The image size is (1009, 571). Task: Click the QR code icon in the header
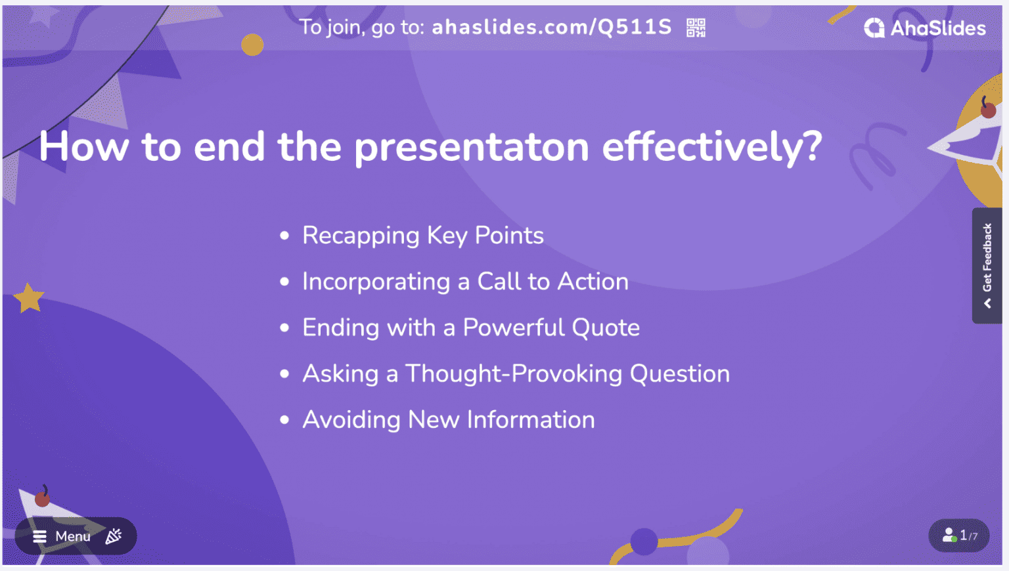(x=696, y=28)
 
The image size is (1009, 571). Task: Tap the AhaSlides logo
(x=925, y=28)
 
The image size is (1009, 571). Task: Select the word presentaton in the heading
(x=472, y=146)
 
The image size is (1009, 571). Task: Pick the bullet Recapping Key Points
(x=423, y=236)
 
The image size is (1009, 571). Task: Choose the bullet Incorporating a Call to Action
(x=465, y=282)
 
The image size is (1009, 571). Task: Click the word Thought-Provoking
(x=514, y=374)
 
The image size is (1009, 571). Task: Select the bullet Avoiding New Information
(x=449, y=420)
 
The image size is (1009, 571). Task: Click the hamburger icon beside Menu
(x=39, y=536)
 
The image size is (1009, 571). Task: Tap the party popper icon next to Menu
(x=114, y=536)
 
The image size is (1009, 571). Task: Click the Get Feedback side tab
(x=987, y=265)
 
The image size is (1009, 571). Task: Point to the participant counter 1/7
(x=959, y=536)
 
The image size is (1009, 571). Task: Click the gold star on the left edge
(x=29, y=298)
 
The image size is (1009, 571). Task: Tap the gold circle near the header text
(x=252, y=45)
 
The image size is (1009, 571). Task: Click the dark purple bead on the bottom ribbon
(x=644, y=541)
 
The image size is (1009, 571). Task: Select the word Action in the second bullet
(x=593, y=282)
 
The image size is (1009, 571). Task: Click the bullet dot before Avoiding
(x=284, y=420)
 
